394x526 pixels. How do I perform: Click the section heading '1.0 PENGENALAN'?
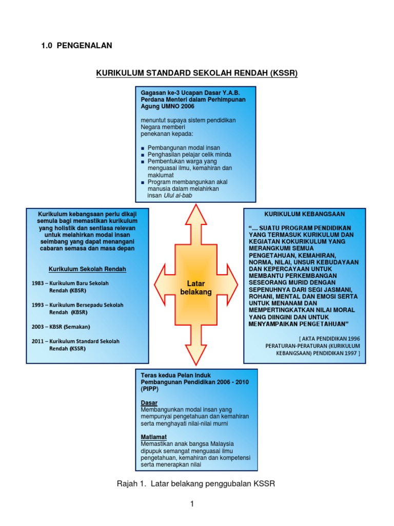coord(76,46)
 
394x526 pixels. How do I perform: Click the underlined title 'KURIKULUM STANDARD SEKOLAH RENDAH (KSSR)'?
coord(197,73)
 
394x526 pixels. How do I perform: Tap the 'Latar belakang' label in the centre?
coord(196,288)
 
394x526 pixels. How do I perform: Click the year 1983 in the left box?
coord(38,283)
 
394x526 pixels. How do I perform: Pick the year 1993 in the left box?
coord(38,305)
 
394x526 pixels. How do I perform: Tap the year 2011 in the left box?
coord(38,341)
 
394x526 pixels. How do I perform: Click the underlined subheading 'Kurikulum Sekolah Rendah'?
coord(87,269)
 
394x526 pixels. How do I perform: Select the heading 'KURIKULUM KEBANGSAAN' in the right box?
coord(304,214)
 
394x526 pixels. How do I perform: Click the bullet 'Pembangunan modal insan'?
coord(184,147)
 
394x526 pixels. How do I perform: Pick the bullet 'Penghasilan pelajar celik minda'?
coord(189,155)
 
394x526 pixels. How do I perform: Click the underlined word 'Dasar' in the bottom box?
coord(149,403)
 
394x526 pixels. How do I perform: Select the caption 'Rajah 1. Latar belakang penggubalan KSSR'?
coord(197,483)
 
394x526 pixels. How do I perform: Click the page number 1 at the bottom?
coord(192,504)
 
